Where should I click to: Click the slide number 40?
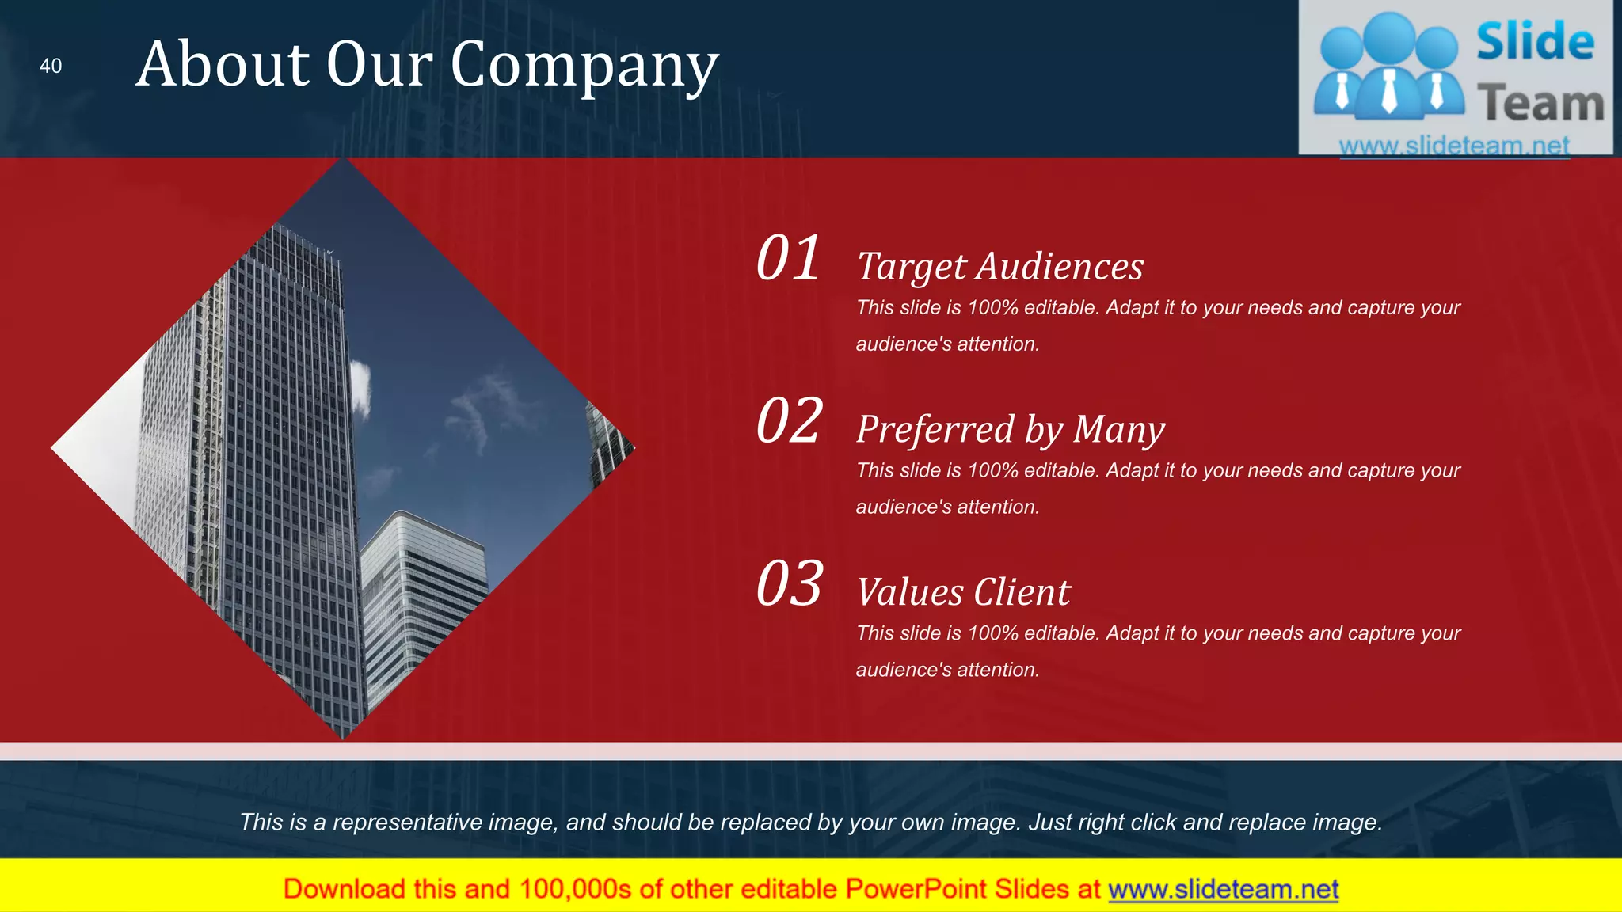51,66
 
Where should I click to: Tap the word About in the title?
223,65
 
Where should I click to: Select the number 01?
788,259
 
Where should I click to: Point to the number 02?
789,421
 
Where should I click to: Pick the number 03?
789,584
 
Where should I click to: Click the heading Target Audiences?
999,267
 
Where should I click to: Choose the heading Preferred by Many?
1010,430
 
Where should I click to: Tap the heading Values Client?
963,592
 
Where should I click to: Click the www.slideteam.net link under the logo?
1454,146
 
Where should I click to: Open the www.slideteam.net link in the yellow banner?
1223,889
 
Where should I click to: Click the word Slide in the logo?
1535,42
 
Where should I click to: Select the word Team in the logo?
1540,104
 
